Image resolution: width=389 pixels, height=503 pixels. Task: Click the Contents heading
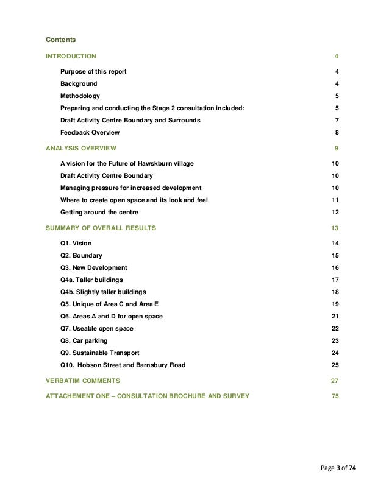click(61, 40)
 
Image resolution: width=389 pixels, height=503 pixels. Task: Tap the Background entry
click(78, 83)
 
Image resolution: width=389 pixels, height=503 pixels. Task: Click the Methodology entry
click(80, 96)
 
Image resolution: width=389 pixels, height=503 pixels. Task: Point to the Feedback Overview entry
click(90, 132)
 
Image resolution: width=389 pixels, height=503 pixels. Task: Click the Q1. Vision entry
click(76, 243)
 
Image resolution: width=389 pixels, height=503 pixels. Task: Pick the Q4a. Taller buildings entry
click(91, 280)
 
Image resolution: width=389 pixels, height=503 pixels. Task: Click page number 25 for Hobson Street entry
click(335, 365)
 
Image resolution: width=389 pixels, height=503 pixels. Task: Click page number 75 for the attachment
click(335, 396)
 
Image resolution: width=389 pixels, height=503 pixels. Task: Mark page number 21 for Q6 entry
click(335, 317)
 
